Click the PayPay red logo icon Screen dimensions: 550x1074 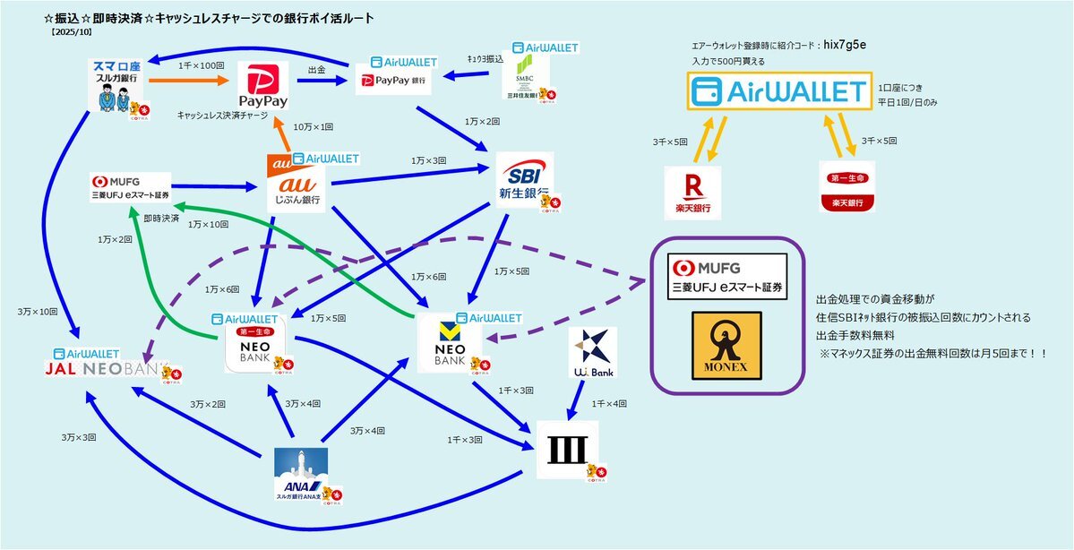coord(263,86)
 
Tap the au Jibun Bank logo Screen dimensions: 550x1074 coord(296,184)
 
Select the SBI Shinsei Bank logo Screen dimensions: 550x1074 coord(524,178)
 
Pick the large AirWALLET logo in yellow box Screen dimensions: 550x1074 coord(780,91)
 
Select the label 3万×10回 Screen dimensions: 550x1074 coord(38,312)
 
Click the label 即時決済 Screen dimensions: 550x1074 coord(161,218)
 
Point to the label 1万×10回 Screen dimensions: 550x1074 coord(210,225)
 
